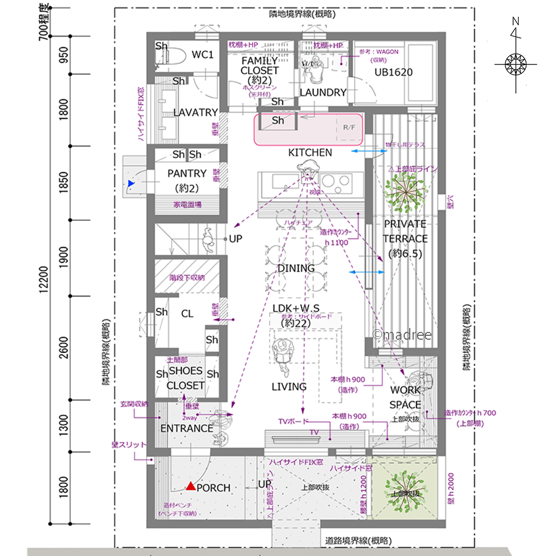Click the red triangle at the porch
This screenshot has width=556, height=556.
pos(191,487)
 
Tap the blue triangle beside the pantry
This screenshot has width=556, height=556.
pos(131,183)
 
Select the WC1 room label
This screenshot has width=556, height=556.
pos(203,54)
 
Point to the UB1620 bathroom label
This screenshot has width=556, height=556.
pos(394,72)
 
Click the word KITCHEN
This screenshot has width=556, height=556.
pos(310,152)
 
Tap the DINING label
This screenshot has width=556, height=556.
pos(296,268)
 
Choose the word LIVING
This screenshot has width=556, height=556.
pos(289,386)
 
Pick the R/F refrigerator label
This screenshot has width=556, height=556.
pos(349,128)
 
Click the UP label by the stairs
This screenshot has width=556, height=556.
pos(236,238)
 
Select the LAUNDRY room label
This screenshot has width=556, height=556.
pos(323,92)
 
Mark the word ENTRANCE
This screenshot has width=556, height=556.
pos(187,428)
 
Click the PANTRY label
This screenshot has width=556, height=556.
pos(187,173)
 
